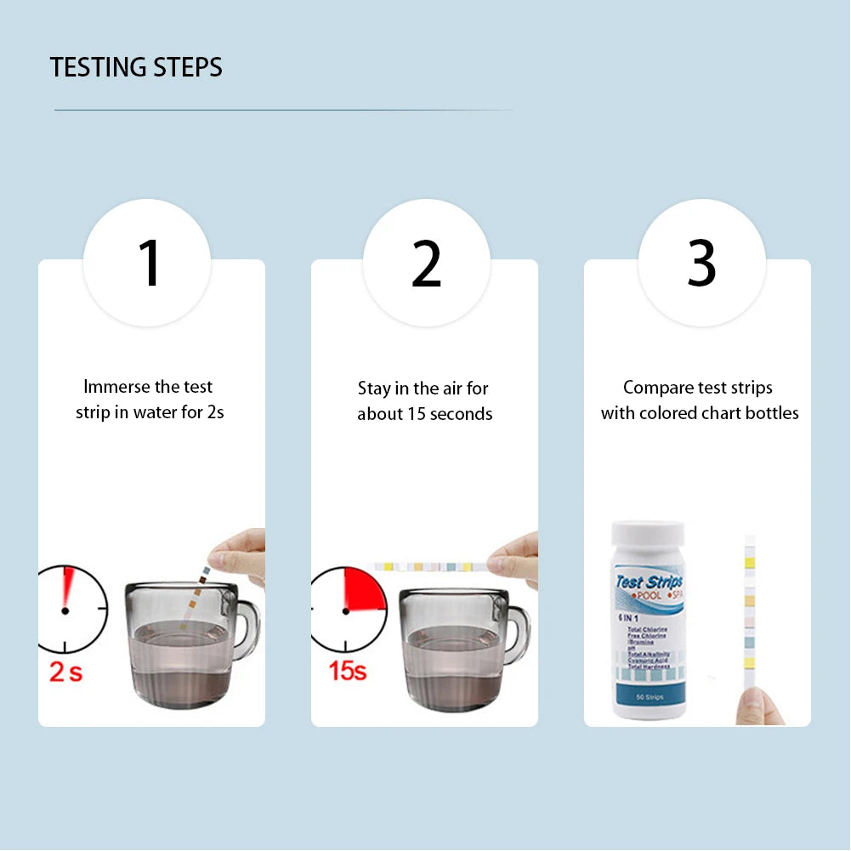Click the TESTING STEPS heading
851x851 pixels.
click(136, 67)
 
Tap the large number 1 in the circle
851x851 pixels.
click(150, 264)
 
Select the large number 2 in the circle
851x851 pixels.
click(427, 264)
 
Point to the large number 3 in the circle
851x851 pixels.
click(702, 264)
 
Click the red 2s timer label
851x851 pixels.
click(65, 672)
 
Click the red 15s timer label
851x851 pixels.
click(347, 670)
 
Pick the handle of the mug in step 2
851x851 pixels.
click(519, 633)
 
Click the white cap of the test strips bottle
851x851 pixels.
click(648, 535)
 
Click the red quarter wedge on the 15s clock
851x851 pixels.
click(364, 591)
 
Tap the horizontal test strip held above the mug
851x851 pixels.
click(429, 566)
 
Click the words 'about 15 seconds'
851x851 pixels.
click(424, 414)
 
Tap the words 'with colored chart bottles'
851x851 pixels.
click(700, 413)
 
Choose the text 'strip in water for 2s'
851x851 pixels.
click(150, 413)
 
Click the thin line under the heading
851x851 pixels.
click(283, 110)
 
